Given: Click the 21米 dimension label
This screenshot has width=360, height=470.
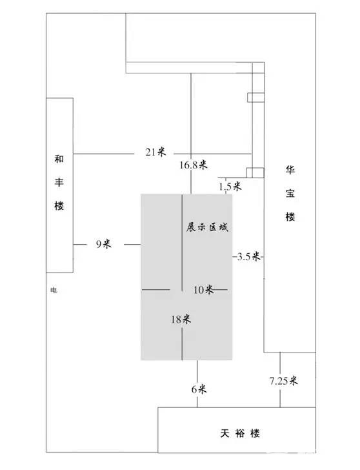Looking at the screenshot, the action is [155, 152].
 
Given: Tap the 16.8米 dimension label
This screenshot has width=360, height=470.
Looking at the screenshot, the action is [194, 165].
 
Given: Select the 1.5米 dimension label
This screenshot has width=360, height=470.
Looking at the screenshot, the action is [230, 187].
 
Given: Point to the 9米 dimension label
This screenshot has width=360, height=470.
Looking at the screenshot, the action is [104, 244].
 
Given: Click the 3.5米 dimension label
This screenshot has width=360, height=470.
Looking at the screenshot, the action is [248, 256].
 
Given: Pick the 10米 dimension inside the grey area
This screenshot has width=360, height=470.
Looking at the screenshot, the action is [203, 290].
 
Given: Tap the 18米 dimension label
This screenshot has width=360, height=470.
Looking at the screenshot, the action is [181, 319].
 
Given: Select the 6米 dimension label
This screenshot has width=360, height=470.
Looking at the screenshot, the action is [199, 389].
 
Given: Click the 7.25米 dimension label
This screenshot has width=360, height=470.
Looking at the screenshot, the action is [283, 381].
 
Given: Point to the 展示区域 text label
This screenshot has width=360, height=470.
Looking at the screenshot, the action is [207, 227].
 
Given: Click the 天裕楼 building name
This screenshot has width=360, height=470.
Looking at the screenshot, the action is [240, 433].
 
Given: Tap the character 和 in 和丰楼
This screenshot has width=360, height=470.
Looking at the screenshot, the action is [59, 159].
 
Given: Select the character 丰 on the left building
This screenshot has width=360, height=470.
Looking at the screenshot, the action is [59, 182].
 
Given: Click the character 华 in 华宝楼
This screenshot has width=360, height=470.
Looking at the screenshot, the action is [290, 170].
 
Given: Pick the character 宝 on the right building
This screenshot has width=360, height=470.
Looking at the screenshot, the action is [290, 193].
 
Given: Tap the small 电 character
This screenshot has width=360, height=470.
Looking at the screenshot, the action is [54, 290].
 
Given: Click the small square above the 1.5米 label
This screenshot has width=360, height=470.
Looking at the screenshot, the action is [255, 172].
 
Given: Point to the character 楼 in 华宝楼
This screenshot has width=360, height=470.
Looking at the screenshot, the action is [290, 217].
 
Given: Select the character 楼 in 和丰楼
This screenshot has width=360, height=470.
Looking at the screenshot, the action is [59, 205].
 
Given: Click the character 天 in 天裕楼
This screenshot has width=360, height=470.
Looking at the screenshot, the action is [225, 433].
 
